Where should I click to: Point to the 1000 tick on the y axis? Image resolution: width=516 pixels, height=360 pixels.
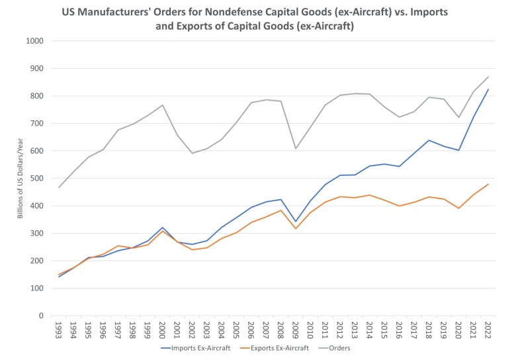tap(34, 41)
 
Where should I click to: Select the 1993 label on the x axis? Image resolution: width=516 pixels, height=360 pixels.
tap(58, 330)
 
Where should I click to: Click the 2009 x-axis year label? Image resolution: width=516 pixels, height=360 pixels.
tap(295, 330)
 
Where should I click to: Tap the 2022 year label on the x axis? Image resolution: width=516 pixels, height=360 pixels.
tap(488, 330)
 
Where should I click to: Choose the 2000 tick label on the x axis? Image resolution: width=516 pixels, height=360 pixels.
tap(162, 330)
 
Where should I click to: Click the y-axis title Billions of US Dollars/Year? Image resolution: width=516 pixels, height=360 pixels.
tap(20, 179)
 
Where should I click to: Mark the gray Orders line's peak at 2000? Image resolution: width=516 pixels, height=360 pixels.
tap(162, 105)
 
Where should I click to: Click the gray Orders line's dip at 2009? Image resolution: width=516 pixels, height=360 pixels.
tap(295, 148)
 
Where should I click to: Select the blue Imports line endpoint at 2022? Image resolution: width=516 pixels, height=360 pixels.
tap(488, 89)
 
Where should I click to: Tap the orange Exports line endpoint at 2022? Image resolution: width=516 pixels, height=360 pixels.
tap(488, 184)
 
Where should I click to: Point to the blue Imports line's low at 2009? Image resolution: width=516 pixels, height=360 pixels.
tap(295, 222)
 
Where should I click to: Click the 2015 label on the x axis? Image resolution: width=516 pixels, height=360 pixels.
tap(384, 330)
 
